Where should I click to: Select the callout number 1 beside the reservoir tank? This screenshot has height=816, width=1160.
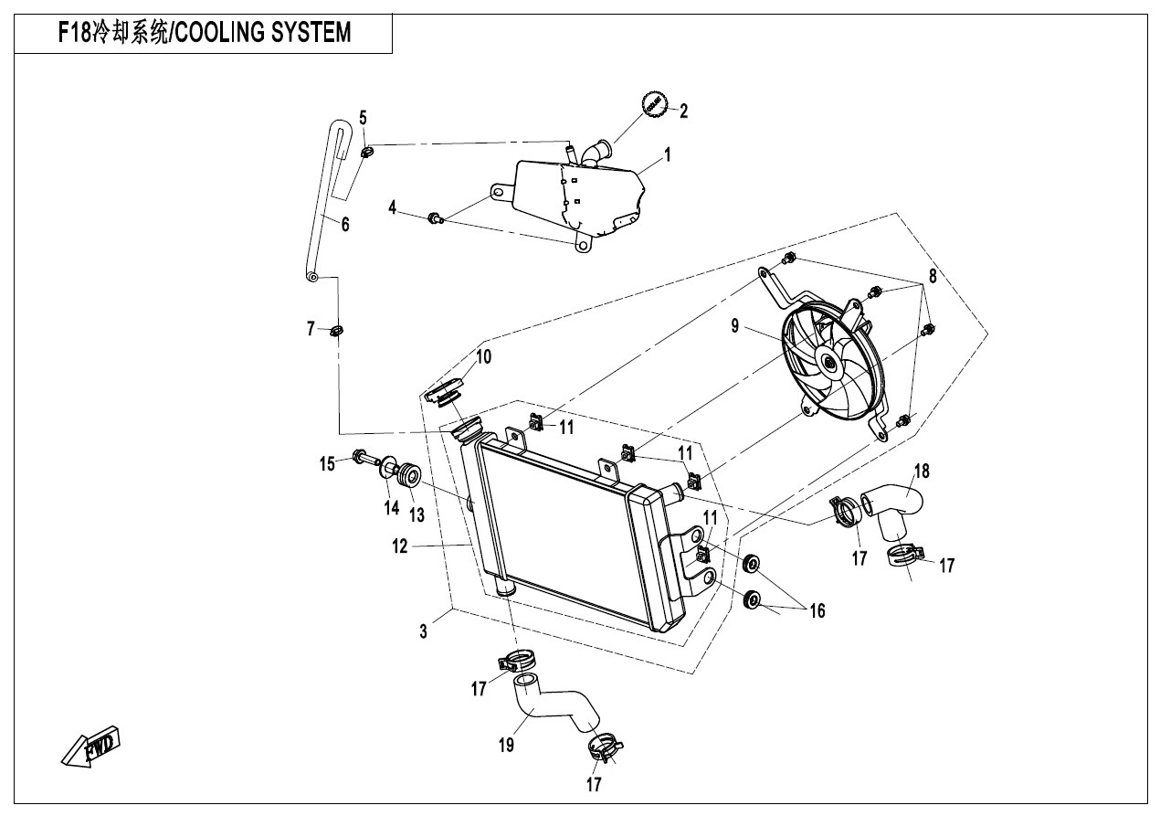point(668,155)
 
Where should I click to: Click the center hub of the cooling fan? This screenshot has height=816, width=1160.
point(830,364)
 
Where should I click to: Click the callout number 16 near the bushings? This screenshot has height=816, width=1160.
point(817,610)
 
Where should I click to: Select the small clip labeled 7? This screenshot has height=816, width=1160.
point(335,329)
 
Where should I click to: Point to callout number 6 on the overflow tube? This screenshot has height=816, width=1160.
point(345,224)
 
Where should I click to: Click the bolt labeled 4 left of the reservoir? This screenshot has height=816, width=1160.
point(436,217)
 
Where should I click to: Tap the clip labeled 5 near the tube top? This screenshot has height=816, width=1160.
point(367,152)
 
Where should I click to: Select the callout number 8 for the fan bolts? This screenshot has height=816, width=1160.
point(933,274)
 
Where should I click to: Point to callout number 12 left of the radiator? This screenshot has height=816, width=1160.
point(399,546)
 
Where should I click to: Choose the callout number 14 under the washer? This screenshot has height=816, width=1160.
point(392,507)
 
